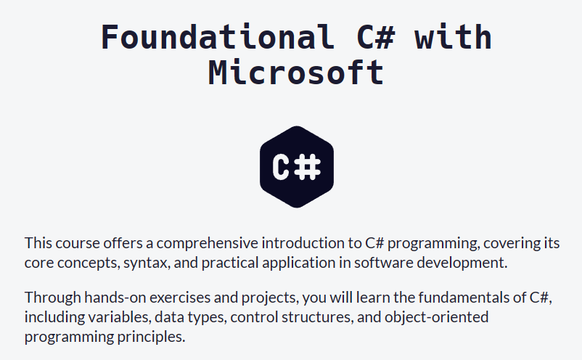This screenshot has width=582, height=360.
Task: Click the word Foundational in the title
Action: coord(217,36)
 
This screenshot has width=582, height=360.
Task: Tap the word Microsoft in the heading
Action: coord(296,73)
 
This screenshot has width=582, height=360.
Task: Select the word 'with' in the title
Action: coord(454,36)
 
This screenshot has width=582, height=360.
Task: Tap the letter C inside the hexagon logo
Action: coord(282,168)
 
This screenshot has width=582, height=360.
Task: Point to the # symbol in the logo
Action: coord(308,168)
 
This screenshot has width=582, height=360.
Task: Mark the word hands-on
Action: coord(115,298)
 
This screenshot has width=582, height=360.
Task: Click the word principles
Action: coord(152,337)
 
